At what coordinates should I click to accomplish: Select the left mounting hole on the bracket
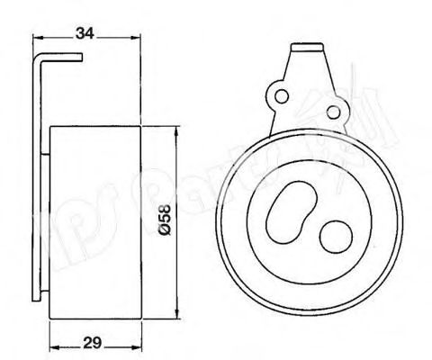(x=280, y=94)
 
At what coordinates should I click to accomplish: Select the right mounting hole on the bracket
(x=338, y=111)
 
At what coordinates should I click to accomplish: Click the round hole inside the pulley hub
(x=336, y=238)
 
